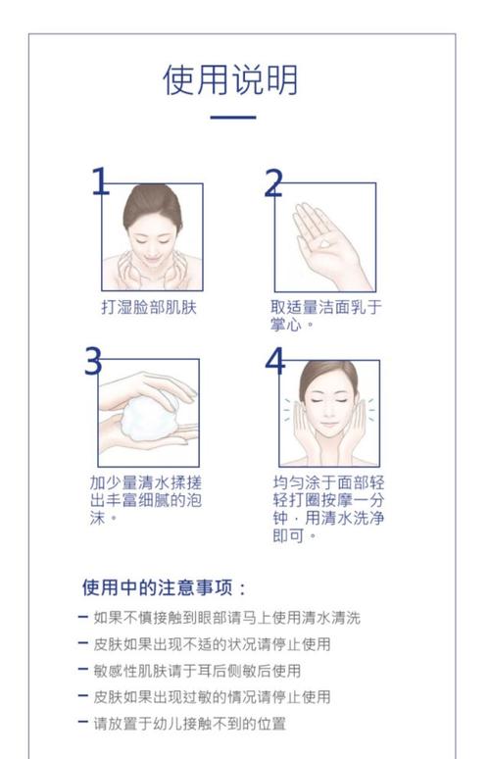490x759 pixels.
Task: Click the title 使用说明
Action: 230,79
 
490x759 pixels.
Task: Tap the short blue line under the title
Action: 232,117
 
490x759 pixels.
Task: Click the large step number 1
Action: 100,181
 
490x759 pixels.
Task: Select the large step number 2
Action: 273,183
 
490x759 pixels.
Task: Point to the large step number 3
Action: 93,361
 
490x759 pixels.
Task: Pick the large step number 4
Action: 274,361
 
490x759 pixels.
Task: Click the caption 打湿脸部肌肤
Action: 149,307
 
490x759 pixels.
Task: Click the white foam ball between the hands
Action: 148,418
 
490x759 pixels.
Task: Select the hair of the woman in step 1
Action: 152,203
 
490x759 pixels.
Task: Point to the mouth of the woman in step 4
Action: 329,424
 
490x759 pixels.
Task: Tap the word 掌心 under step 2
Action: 286,325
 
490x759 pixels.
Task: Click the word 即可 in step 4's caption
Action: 288,535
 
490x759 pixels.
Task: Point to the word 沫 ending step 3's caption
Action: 97,518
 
